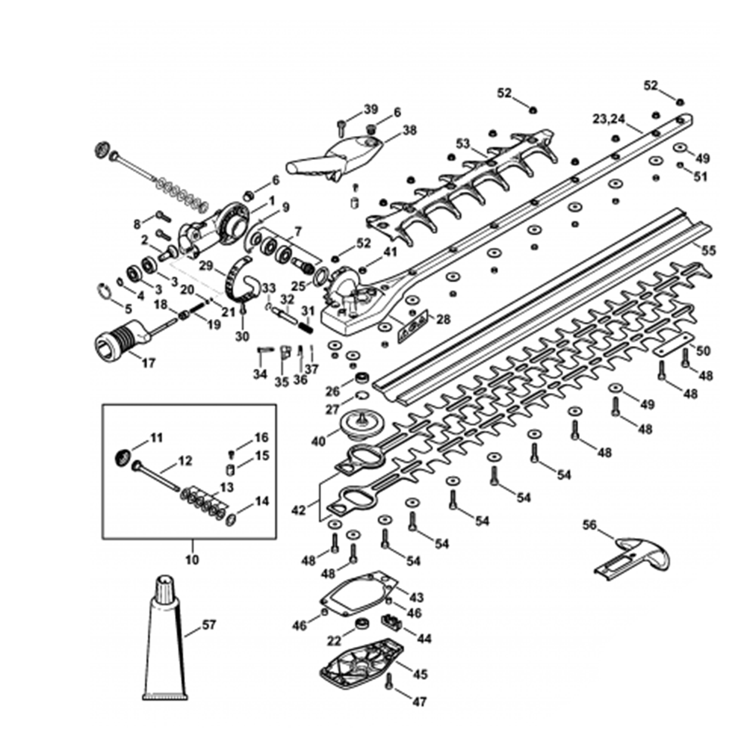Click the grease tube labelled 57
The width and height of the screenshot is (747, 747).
coord(165,642)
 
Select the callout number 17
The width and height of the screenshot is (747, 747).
coord(148,364)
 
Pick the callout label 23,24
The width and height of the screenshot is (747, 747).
coord(609,119)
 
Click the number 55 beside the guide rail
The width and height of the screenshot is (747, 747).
coord(708,251)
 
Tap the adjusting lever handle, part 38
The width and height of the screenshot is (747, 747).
coord(336,156)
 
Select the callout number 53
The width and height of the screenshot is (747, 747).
coord(463,143)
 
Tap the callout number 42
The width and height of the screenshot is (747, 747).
coord(299,510)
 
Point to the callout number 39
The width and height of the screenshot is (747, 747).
coord(371,110)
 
